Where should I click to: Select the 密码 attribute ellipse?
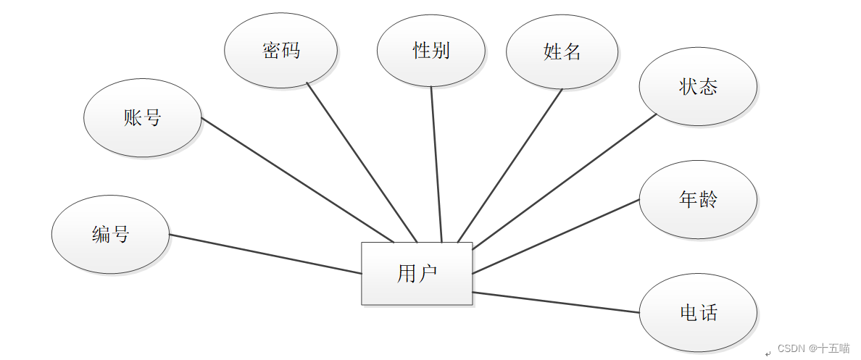(x=280, y=50)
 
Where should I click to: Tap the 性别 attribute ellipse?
(x=431, y=50)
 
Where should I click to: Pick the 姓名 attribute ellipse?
(x=562, y=51)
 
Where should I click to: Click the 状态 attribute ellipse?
(x=698, y=87)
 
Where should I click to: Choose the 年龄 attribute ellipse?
(x=698, y=199)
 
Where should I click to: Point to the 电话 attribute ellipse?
(x=698, y=313)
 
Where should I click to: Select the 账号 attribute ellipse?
(x=143, y=117)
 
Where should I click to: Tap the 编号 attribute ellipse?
(x=110, y=235)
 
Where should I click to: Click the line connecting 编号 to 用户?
(x=265, y=254)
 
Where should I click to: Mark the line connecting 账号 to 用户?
(x=297, y=180)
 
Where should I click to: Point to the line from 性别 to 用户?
(x=436, y=164)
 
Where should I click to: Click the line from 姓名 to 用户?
(x=510, y=165)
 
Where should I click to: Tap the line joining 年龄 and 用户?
(x=555, y=236)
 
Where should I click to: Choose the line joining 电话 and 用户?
(x=555, y=302)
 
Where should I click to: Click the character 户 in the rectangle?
(x=428, y=274)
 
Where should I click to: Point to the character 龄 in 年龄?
(x=708, y=199)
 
